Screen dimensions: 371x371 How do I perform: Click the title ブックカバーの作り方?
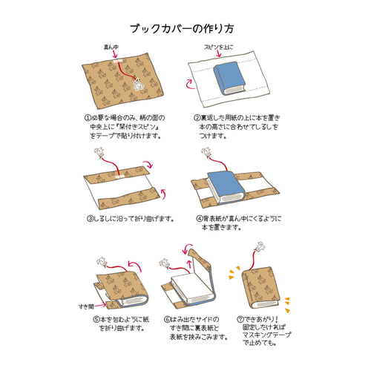[x=185, y=30]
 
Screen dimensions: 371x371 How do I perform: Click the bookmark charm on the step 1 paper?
[x=137, y=85]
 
